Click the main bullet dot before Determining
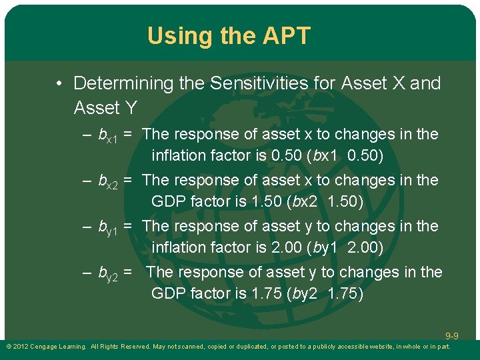pyautogui.click(x=60, y=84)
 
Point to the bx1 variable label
pyautogui.click(x=108, y=135)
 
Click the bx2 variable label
pyautogui.click(x=108, y=181)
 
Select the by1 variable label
pyautogui.click(x=108, y=227)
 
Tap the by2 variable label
pyautogui.click(x=108, y=273)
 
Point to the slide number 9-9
pyautogui.click(x=452, y=336)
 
